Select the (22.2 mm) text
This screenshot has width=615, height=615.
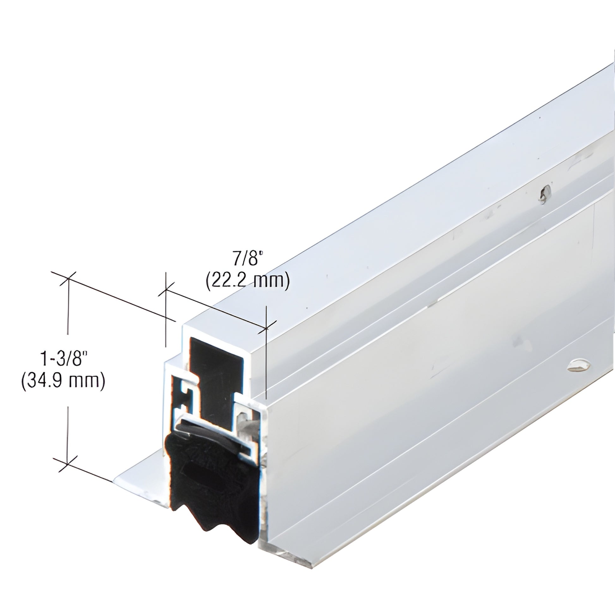(x=247, y=280)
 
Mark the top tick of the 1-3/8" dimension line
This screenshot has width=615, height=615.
(x=68, y=279)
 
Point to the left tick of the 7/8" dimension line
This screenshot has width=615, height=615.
(x=166, y=290)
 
